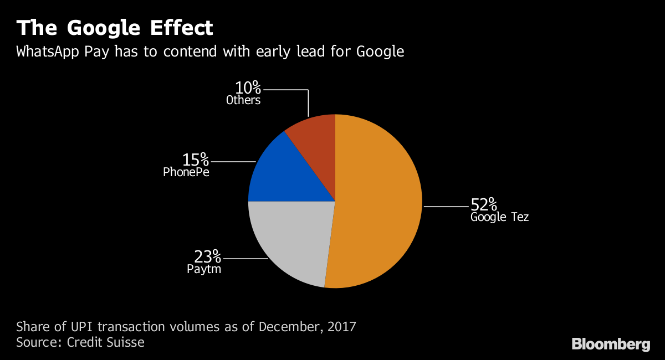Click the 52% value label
(484, 204)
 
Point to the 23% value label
(207, 257)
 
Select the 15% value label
(196, 160)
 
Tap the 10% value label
(248, 88)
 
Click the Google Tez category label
(499, 217)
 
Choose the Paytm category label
(204, 270)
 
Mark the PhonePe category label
(186, 172)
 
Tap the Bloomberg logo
(611, 344)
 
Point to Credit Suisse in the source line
(105, 342)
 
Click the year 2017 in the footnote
(341, 326)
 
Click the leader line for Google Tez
(446, 207)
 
